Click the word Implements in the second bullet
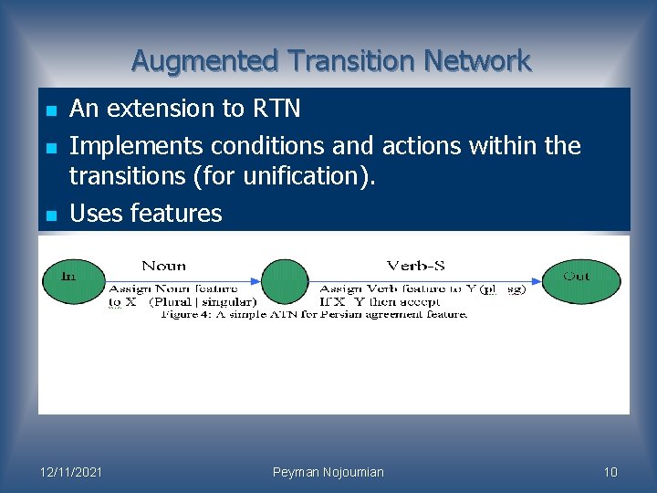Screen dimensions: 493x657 pyautogui.click(x=137, y=146)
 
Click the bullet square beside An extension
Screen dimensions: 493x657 pyautogui.click(x=52, y=110)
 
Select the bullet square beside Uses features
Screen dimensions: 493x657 pyautogui.click(x=52, y=215)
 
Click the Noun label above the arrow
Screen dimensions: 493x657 pyautogui.click(x=164, y=266)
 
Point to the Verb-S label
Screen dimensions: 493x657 pyautogui.click(x=415, y=266)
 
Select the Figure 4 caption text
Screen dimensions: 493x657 pyautogui.click(x=314, y=314)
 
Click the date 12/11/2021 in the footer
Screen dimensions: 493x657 pyautogui.click(x=72, y=472)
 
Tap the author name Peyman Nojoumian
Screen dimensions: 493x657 pyautogui.click(x=328, y=472)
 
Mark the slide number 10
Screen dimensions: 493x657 pyautogui.click(x=610, y=472)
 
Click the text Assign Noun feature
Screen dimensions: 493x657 pyautogui.click(x=172, y=289)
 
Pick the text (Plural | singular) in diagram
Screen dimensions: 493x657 pyautogui.click(x=203, y=301)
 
